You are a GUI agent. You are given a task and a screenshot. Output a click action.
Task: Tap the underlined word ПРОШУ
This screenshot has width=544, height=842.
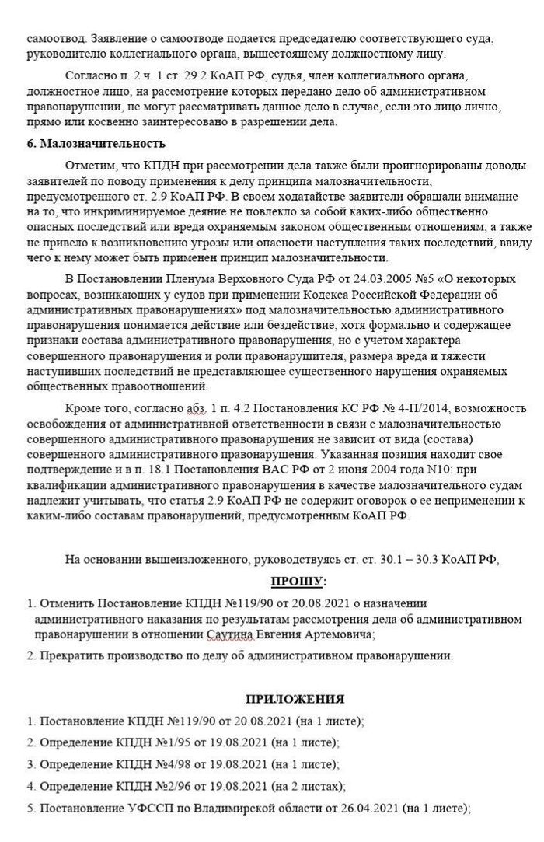pyautogui.click(x=299, y=582)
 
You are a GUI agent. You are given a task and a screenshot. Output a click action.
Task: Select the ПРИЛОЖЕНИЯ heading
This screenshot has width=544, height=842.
pyautogui.click(x=295, y=699)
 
